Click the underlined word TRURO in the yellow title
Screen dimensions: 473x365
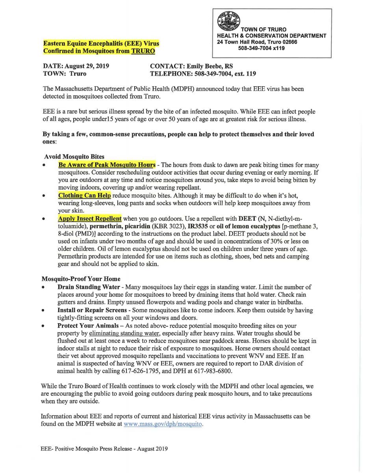pyautogui.click(x=143, y=51)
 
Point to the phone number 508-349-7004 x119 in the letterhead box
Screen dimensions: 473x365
pyautogui.click(x=261, y=48)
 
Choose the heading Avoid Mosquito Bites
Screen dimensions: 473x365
pyautogui.click(x=74, y=156)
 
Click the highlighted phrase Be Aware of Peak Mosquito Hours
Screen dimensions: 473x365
pyautogui.click(x=106, y=165)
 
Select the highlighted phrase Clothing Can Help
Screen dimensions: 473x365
pyautogui.click(x=84, y=196)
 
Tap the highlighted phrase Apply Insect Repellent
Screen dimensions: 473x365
pyautogui.click(x=90, y=218)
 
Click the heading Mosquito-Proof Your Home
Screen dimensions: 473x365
pyautogui.click(x=81, y=279)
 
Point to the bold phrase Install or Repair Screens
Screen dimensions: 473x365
pyautogui.click(x=92, y=310)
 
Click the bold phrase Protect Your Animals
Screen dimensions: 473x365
pyautogui.click(x=87, y=326)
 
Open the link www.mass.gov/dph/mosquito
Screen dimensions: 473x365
pyautogui.click(x=163, y=424)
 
